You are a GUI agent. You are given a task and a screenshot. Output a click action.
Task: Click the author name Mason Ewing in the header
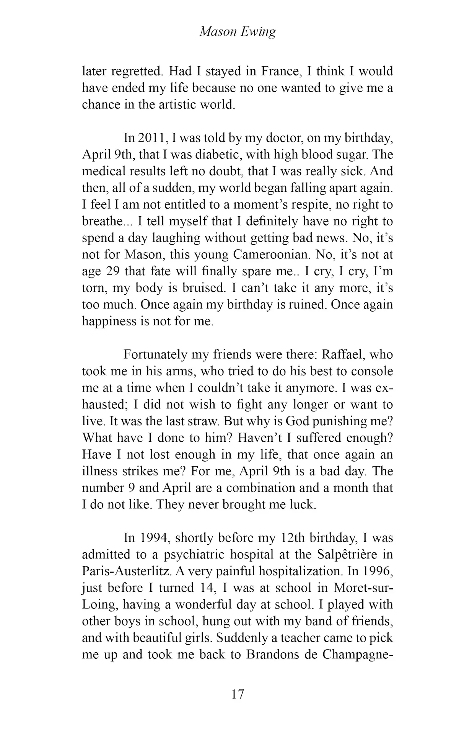coord(238,32)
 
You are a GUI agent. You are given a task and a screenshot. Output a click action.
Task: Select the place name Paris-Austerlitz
coord(125,571)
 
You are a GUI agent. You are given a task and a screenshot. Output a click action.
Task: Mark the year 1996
coord(376,571)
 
